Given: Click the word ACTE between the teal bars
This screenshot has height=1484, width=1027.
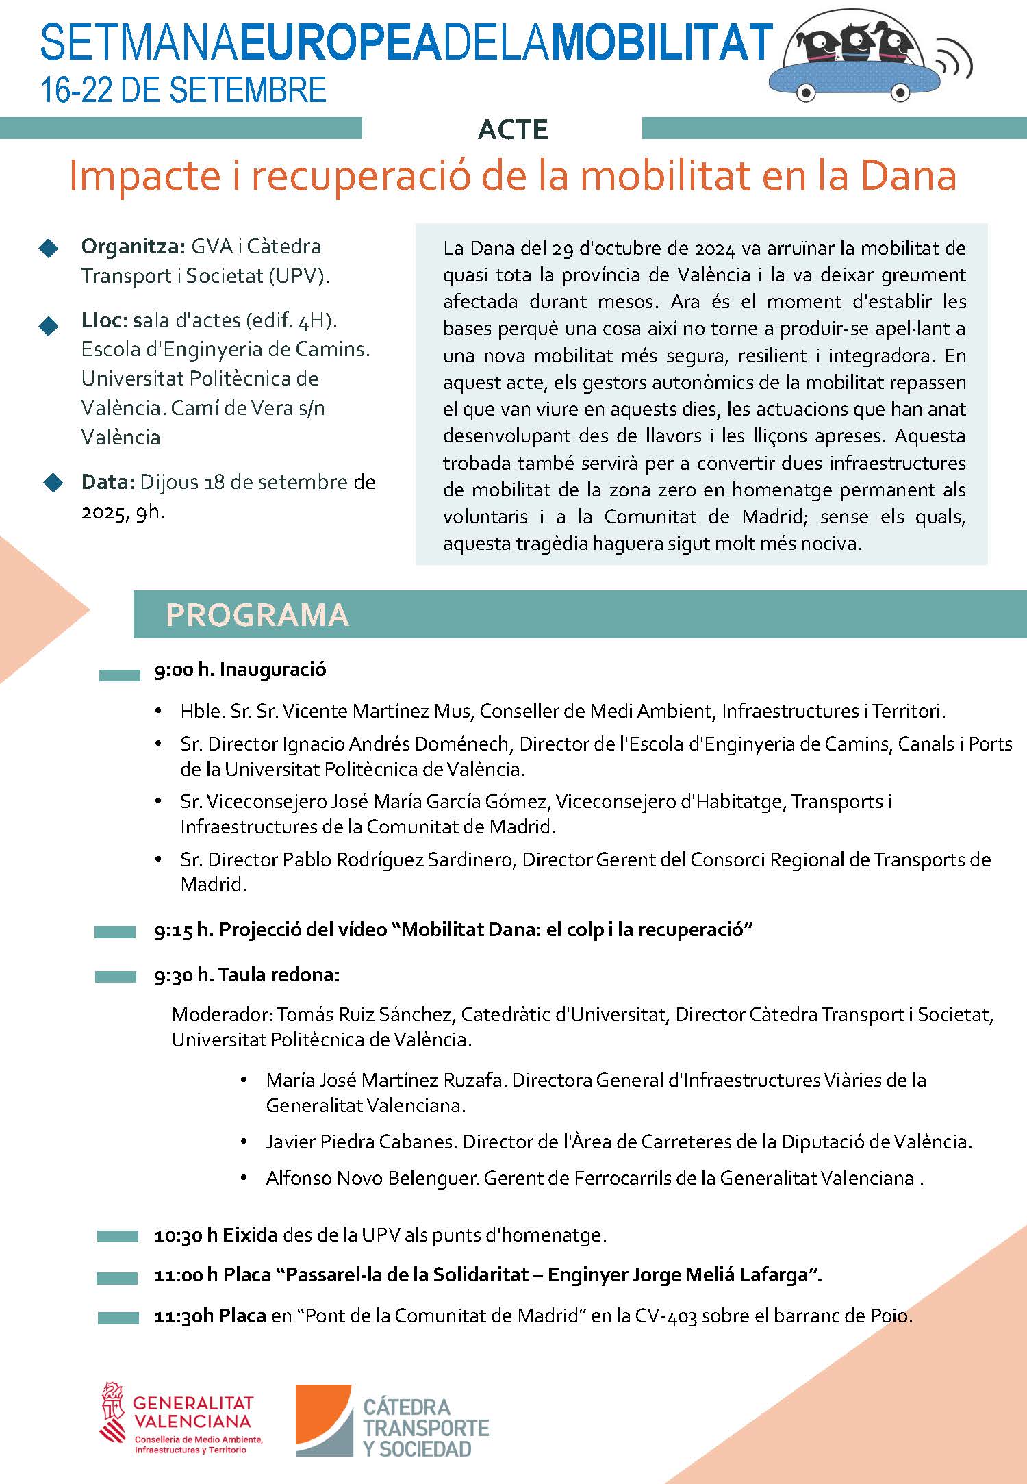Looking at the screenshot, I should pos(513,129).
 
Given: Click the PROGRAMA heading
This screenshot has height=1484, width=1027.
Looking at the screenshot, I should pos(257,615).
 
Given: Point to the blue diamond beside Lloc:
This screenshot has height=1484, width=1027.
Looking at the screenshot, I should pos(49,326).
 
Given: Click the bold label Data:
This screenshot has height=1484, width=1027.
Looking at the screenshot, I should pos(107,482).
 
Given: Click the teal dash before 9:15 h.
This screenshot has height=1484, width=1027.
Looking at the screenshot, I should pos(115,931).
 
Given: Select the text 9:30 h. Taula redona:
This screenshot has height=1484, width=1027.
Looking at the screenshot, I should pos(247,975).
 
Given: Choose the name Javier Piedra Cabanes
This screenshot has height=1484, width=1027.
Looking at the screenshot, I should pos(360,1142).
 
